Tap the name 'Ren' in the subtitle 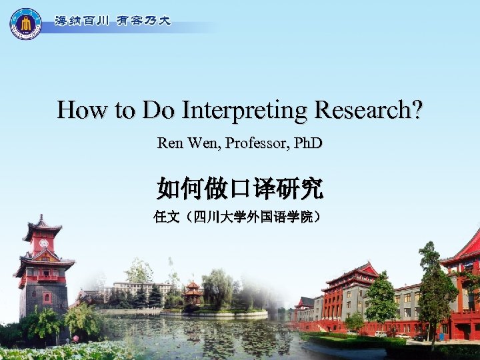point(168,143)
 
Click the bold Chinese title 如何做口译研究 point(240,189)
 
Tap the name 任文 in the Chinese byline point(164,217)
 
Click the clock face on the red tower point(43,243)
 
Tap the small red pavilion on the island point(193,292)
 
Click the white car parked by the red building point(381,333)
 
